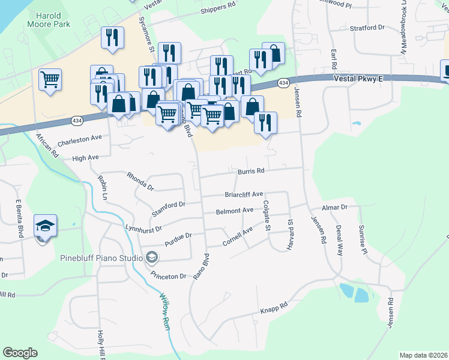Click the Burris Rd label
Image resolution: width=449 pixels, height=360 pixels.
click(x=251, y=171)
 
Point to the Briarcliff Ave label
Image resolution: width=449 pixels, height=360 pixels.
click(x=244, y=194)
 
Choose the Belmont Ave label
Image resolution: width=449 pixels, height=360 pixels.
click(x=235, y=211)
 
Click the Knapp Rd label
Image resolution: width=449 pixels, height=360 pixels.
click(x=274, y=308)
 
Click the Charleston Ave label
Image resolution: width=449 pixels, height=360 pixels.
click(x=80, y=139)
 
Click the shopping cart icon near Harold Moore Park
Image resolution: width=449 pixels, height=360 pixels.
click(x=50, y=78)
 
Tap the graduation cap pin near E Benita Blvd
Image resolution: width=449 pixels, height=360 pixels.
click(x=46, y=226)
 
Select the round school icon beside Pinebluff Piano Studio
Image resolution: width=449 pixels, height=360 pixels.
click(x=152, y=259)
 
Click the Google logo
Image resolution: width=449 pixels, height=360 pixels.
click(x=20, y=353)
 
